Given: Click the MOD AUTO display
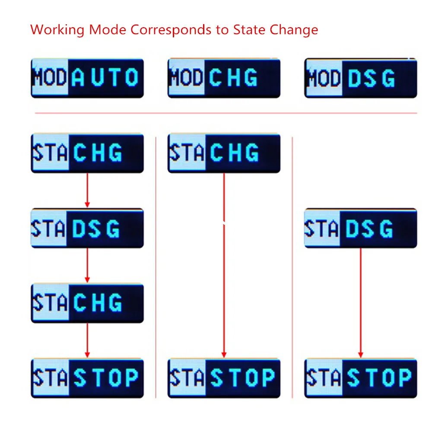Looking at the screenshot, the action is click(87, 78).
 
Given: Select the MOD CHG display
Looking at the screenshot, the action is click(224, 78).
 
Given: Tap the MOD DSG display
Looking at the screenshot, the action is click(361, 78).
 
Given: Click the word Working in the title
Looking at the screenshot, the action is click(57, 30).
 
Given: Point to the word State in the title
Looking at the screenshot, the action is click(249, 30).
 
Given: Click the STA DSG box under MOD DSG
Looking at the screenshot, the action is click(361, 228).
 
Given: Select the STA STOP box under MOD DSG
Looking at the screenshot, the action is click(361, 378).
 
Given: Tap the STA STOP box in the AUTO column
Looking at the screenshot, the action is click(87, 378).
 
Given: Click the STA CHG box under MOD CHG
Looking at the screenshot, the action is click(224, 153).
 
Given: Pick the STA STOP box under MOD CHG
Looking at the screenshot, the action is click(224, 378).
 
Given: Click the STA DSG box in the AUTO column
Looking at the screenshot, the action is click(87, 228).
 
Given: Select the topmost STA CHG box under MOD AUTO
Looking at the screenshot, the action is click(87, 153).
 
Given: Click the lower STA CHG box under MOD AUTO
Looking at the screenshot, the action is click(87, 303).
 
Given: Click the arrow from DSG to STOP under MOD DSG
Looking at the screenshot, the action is click(361, 302).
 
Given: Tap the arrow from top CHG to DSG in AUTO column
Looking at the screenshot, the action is click(87, 190).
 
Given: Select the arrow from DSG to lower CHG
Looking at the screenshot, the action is click(87, 265).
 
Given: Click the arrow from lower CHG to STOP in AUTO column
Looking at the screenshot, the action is click(87, 340).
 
